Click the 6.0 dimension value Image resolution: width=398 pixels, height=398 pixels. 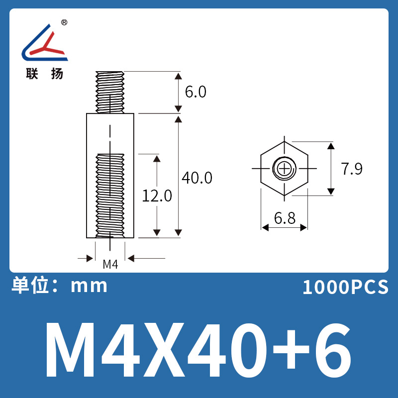point(195,92)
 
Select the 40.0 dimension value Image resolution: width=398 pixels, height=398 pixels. point(197,178)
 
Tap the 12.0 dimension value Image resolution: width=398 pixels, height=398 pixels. point(157,196)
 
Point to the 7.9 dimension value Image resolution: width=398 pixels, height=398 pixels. point(352,169)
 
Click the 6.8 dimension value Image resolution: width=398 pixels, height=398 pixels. point(285,217)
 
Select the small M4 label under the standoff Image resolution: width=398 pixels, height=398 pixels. point(110,265)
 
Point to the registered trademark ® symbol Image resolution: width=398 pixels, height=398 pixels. point(64,23)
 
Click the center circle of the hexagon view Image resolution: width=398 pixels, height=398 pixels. point(284,169)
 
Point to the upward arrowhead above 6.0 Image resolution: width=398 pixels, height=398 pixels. point(178,76)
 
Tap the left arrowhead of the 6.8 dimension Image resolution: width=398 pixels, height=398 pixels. point(265,227)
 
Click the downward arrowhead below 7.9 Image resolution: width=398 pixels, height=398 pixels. point(330,192)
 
